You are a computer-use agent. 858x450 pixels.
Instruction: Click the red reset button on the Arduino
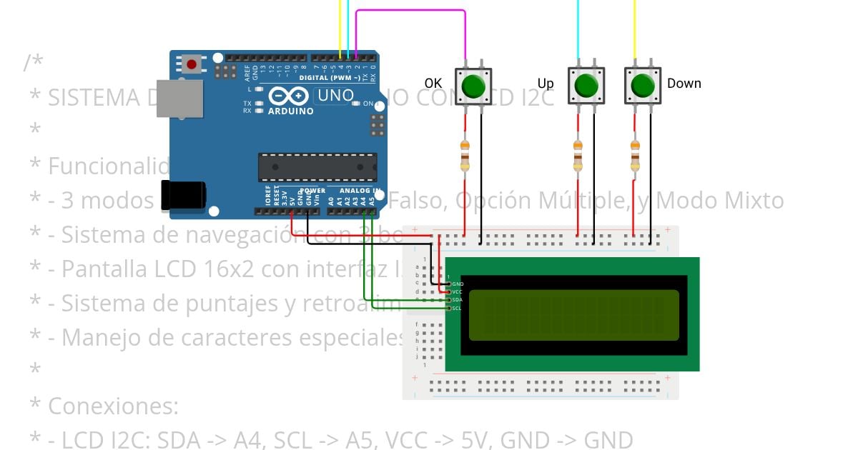pyautogui.click(x=191, y=65)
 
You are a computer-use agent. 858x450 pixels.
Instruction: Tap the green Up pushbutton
pyautogui.click(x=586, y=86)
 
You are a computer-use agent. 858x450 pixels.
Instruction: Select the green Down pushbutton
pyautogui.click(x=643, y=86)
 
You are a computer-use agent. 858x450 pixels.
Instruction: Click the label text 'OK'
pyautogui.click(x=433, y=84)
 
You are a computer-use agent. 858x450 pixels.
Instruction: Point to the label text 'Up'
pyautogui.click(x=546, y=84)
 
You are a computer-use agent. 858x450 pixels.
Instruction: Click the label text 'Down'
pyautogui.click(x=684, y=84)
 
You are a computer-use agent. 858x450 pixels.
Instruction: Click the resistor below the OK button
pyautogui.click(x=465, y=156)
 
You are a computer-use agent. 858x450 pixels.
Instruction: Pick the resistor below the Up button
pyautogui.click(x=578, y=156)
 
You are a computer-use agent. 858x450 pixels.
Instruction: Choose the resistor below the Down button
pyautogui.click(x=634, y=156)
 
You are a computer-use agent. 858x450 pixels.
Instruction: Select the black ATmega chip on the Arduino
pyautogui.click(x=317, y=166)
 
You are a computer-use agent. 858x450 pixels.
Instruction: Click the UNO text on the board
pyautogui.click(x=335, y=96)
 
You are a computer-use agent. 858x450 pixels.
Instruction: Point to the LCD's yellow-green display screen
pyautogui.click(x=573, y=315)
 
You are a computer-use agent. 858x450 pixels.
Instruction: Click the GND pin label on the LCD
pyautogui.click(x=458, y=284)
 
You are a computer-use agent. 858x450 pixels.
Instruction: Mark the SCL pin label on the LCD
pyautogui.click(x=457, y=308)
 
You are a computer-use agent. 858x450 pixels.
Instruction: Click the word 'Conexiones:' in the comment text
pyautogui.click(x=113, y=406)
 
